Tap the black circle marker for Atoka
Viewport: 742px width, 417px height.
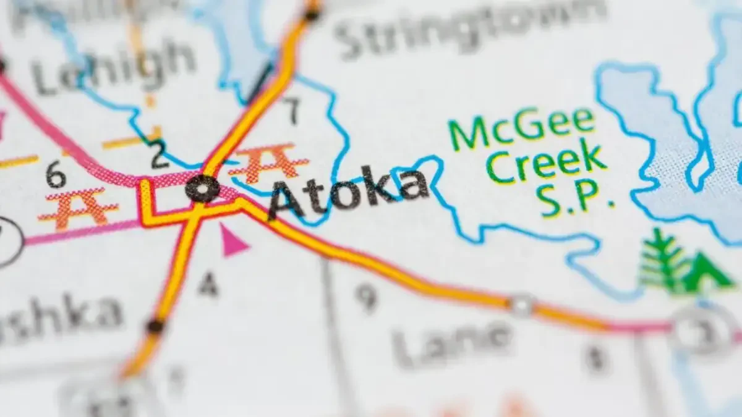point(203,188)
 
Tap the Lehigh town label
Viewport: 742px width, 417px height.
point(114,69)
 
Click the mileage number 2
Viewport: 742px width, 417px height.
point(160,156)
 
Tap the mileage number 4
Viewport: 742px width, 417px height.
point(208,285)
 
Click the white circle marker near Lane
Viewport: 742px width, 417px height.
point(521,305)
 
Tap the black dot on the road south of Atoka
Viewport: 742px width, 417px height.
point(155,325)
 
